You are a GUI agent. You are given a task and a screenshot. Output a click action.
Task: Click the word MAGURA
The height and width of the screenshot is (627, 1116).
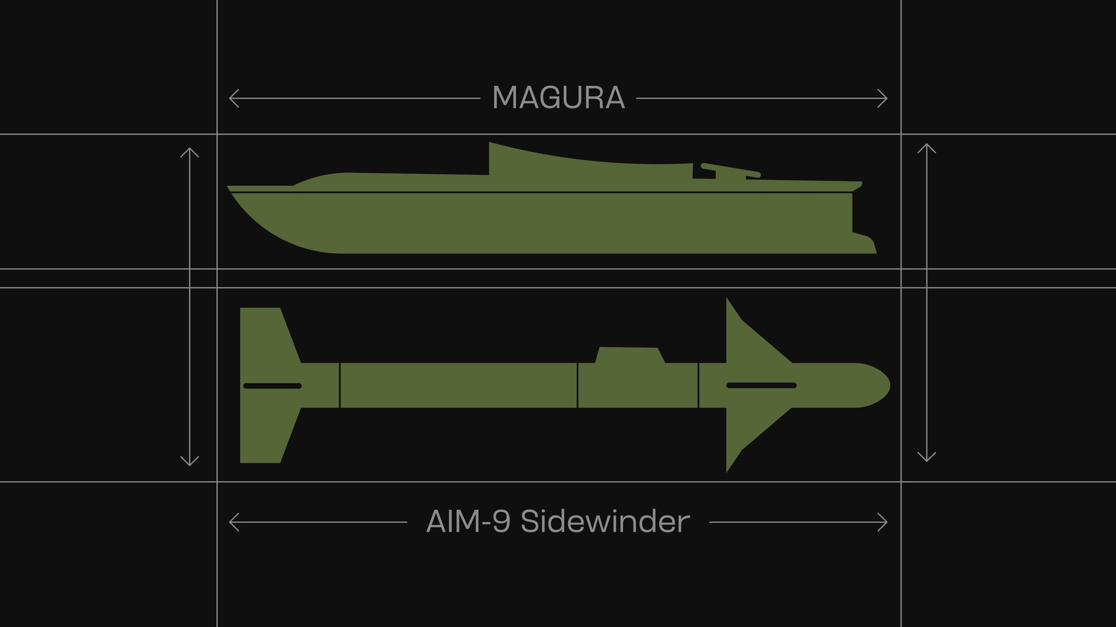[x=558, y=98]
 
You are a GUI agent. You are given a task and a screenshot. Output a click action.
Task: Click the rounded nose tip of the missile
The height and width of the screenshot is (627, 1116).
[x=889, y=385]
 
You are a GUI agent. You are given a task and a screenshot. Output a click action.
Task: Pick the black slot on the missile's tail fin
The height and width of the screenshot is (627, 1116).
[x=272, y=385]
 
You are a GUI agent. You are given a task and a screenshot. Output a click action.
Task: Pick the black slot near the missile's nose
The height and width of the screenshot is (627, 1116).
[x=761, y=385]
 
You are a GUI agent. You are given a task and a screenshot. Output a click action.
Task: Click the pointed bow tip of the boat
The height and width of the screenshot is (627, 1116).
[x=228, y=188]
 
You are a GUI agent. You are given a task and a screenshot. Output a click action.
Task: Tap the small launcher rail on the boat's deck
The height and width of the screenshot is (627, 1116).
[x=730, y=170]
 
